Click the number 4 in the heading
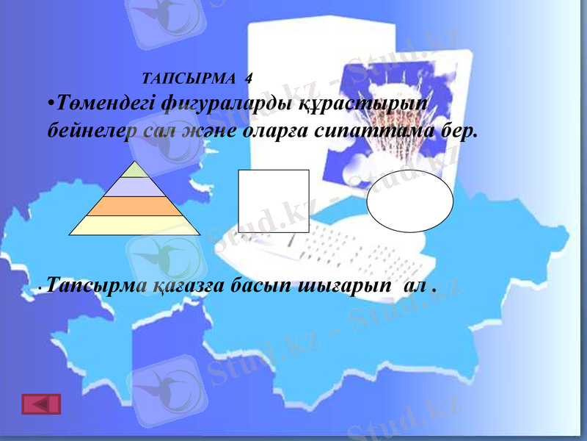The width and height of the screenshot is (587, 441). (249, 77)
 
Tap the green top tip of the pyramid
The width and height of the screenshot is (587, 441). (134, 171)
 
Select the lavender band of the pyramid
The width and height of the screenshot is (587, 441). (134, 187)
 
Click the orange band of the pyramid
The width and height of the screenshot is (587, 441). (134, 206)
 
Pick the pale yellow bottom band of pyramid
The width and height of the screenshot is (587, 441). (134, 225)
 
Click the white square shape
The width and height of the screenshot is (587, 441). (273, 201)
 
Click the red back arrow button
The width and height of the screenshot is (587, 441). (42, 404)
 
